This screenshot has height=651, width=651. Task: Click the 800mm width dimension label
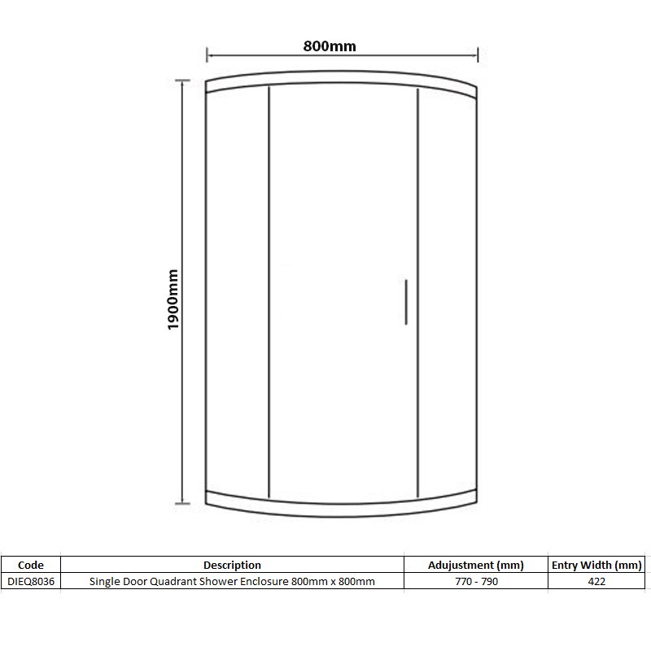coord(330,46)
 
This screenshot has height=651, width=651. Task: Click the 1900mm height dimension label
coord(173,299)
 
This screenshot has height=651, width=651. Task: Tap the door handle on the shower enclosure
coord(404,303)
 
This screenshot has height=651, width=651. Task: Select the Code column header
coord(30,565)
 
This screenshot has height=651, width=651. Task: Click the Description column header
coord(232,565)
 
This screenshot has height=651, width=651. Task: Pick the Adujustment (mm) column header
coord(476,565)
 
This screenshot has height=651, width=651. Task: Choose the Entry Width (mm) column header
coord(596,565)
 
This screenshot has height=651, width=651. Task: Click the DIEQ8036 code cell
coord(30,582)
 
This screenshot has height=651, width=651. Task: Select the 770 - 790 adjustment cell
coord(476,582)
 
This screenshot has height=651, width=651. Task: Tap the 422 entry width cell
coord(596,582)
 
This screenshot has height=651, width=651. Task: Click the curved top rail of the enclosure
coord(342,81)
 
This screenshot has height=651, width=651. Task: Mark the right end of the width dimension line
coord(477,55)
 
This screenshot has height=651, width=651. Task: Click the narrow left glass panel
coord(238,293)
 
